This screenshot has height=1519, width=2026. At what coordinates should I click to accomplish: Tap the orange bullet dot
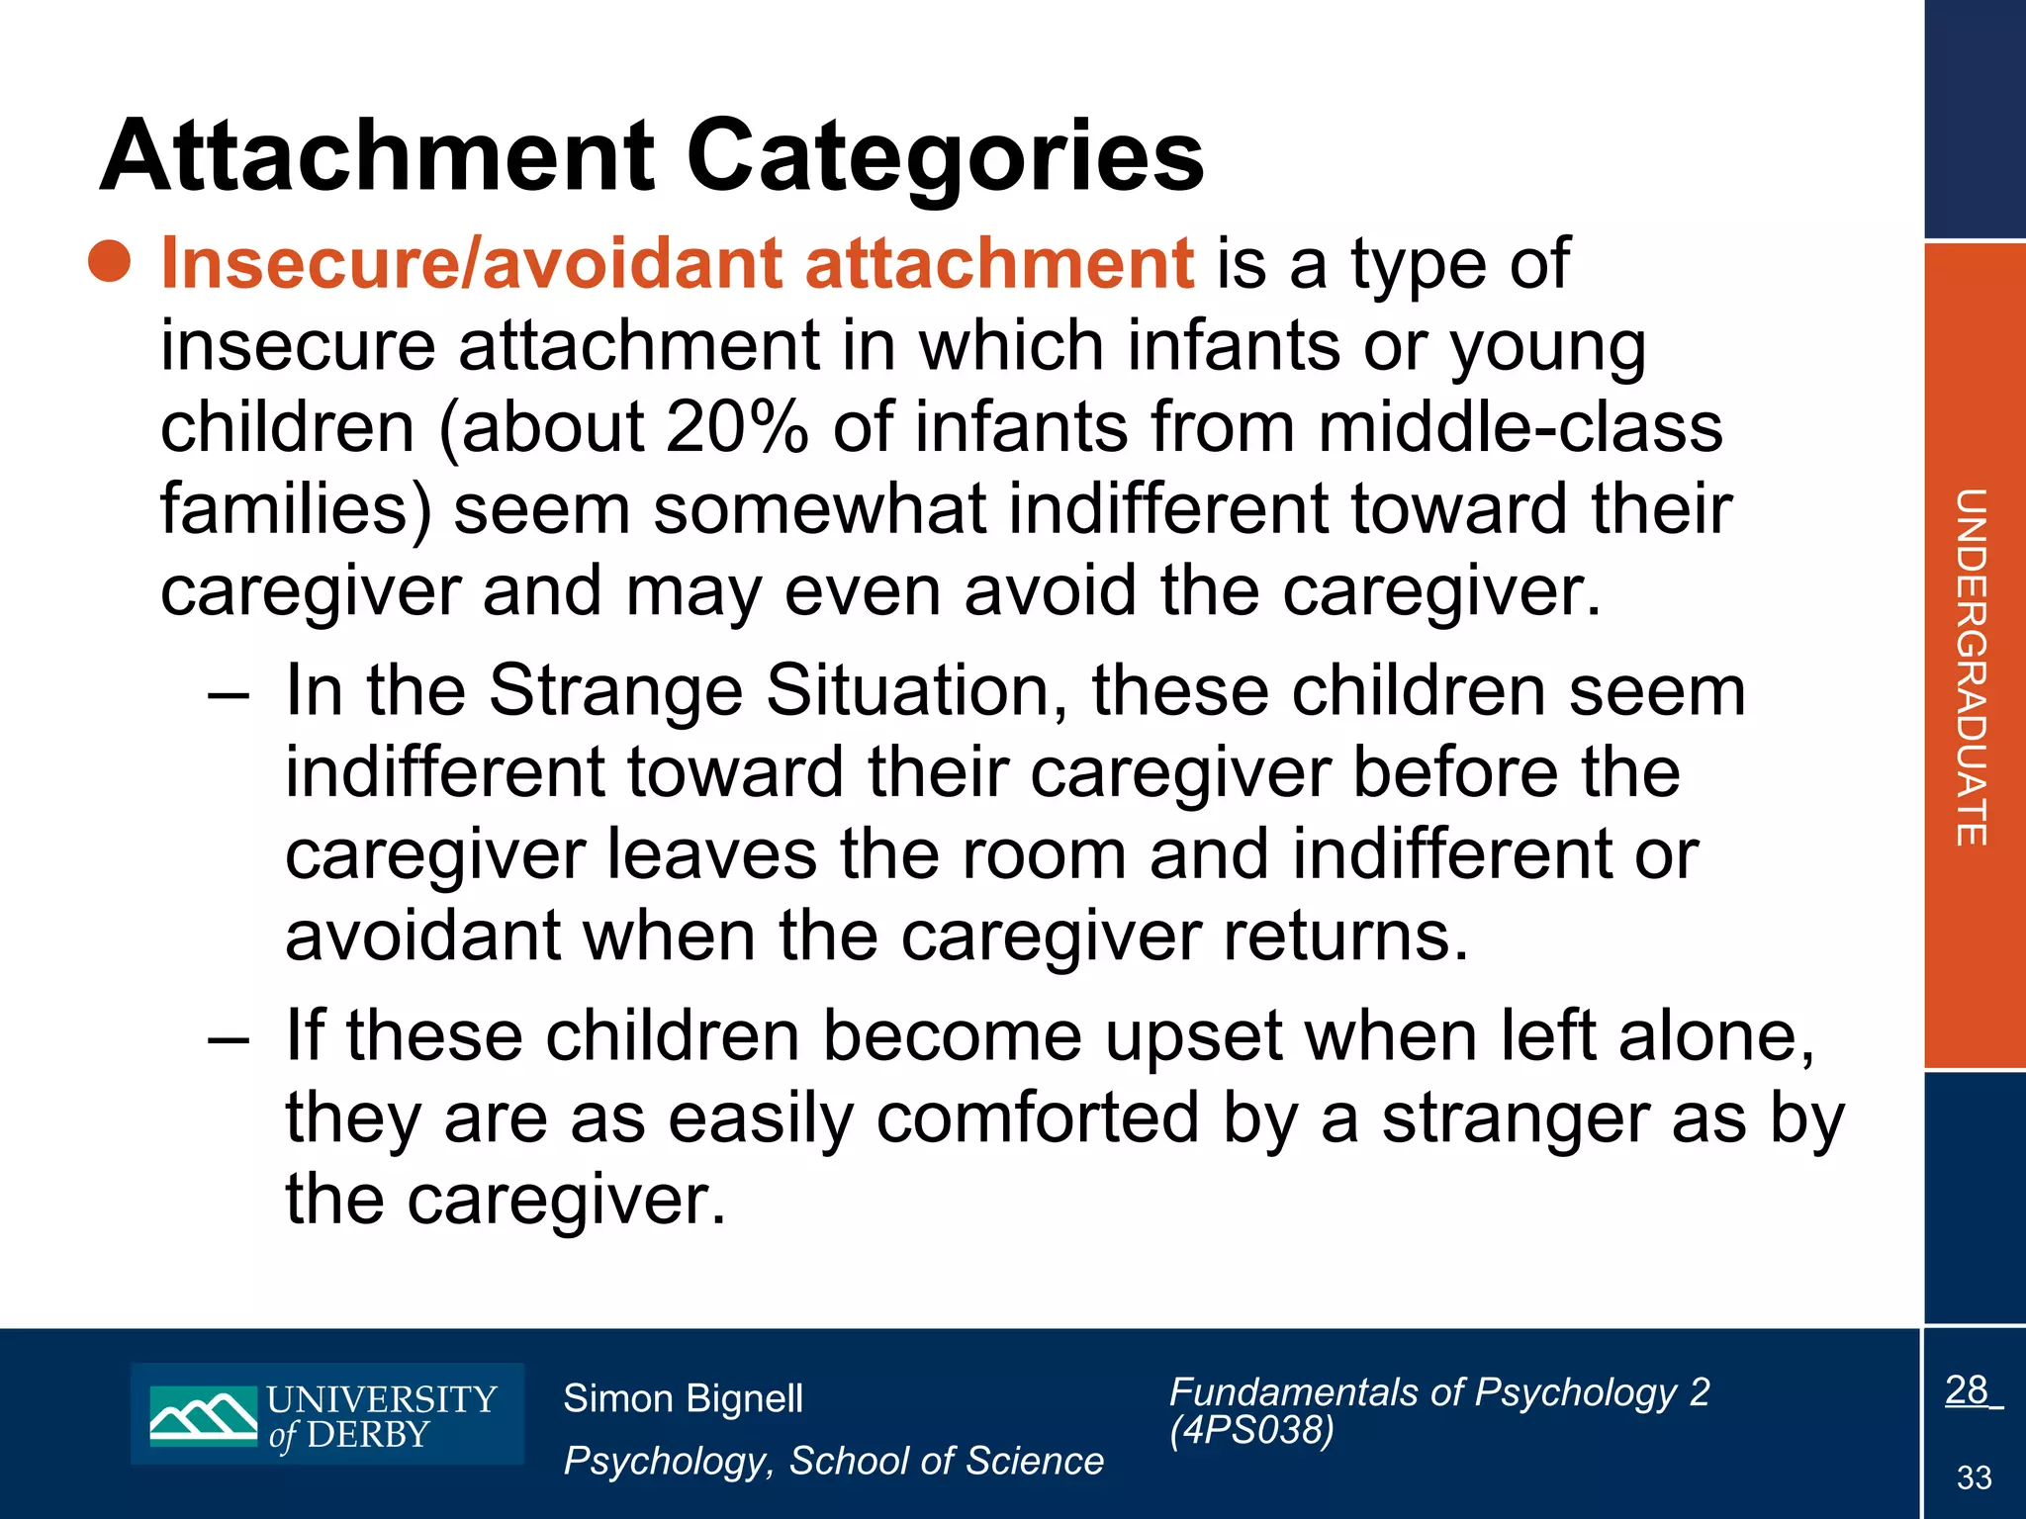tap(109, 262)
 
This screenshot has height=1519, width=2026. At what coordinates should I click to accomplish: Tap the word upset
tap(1193, 1038)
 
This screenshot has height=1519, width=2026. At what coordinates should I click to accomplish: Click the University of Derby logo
tap(327, 1414)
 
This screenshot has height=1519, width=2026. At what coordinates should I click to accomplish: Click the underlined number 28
tap(1967, 1390)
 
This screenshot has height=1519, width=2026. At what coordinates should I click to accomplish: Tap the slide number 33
tap(1974, 1477)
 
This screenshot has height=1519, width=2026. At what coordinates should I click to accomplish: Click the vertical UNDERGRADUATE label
tap(1972, 667)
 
